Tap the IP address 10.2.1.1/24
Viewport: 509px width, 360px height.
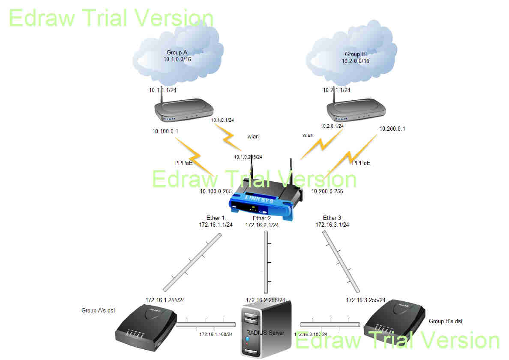pyautogui.click(x=336, y=90)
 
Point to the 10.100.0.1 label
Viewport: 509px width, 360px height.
pyautogui.click(x=165, y=131)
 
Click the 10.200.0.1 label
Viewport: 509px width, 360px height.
pyautogui.click(x=392, y=129)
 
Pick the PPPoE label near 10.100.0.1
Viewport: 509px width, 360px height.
pyautogui.click(x=183, y=163)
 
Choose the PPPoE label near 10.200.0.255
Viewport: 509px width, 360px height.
pyautogui.click(x=361, y=163)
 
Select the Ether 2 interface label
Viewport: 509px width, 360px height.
pyautogui.click(x=262, y=219)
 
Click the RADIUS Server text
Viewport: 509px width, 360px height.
pyautogui.click(x=265, y=333)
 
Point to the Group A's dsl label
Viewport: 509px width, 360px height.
pyautogui.click(x=98, y=310)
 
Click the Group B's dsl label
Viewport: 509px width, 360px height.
pyautogui.click(x=446, y=321)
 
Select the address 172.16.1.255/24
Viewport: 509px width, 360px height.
pyautogui.click(x=165, y=300)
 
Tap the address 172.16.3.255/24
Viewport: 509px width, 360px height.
pyautogui.click(x=365, y=300)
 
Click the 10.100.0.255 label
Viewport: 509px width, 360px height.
pyautogui.click(x=216, y=191)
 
